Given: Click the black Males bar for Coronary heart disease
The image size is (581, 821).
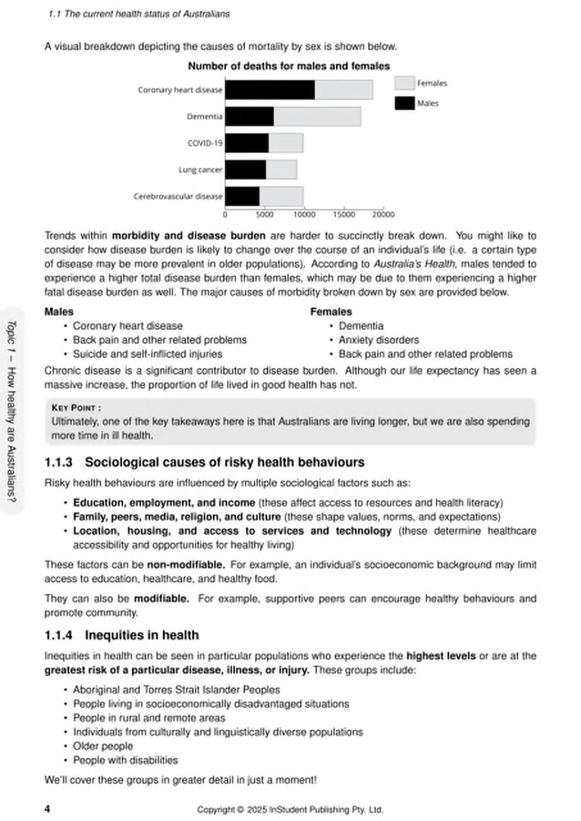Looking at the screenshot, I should [x=270, y=90].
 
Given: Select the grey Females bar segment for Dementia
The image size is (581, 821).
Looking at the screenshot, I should [x=317, y=116].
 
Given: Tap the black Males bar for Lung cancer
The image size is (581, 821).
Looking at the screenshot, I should [x=246, y=170].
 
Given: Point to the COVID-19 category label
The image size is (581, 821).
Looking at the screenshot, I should [x=205, y=143].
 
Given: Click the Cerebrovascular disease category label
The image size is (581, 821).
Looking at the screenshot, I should [x=178, y=196].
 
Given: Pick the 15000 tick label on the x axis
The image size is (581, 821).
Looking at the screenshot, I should [x=344, y=213].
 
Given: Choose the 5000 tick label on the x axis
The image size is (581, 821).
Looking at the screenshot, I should [x=265, y=213].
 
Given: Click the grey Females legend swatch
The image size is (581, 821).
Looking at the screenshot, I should [x=404, y=83].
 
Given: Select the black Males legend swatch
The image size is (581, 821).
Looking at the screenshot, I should [x=404, y=103].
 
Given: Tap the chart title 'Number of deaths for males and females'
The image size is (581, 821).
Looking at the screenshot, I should [x=289, y=66].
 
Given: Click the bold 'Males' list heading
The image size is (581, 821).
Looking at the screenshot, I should [x=59, y=312].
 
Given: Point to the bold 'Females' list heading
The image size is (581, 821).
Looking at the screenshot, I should [x=331, y=312].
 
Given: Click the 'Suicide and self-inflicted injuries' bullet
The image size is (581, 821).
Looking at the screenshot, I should [x=147, y=354].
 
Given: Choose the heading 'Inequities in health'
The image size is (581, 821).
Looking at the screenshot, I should [x=142, y=635].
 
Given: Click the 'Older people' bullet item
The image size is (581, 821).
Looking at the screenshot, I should [x=103, y=746].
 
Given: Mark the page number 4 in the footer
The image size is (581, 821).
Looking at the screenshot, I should [x=47, y=809].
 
